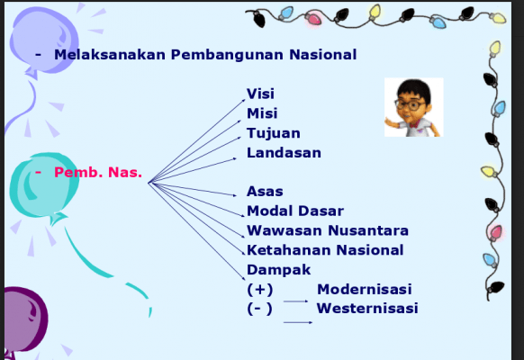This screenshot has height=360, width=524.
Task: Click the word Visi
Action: (260, 94)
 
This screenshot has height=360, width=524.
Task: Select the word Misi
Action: (262, 113)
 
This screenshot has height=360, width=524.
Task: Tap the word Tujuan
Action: (274, 133)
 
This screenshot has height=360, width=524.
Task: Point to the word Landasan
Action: (284, 153)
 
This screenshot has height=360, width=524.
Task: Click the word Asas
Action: (265, 192)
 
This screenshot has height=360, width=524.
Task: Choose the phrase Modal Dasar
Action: (295, 211)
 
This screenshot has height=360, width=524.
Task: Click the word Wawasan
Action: (285, 230)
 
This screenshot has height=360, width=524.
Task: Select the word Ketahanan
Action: (289, 250)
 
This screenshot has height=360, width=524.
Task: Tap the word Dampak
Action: (278, 270)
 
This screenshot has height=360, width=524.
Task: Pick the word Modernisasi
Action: (365, 289)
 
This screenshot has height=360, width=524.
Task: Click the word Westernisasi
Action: (367, 308)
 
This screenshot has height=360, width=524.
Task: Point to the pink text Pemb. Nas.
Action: (98, 172)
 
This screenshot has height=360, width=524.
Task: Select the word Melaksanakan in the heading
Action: (110, 55)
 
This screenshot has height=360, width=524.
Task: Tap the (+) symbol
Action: (259, 290)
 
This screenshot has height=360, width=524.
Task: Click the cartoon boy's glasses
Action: (410, 105)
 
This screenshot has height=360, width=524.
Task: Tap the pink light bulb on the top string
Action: (313, 18)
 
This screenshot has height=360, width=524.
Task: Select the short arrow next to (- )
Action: (298, 322)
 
